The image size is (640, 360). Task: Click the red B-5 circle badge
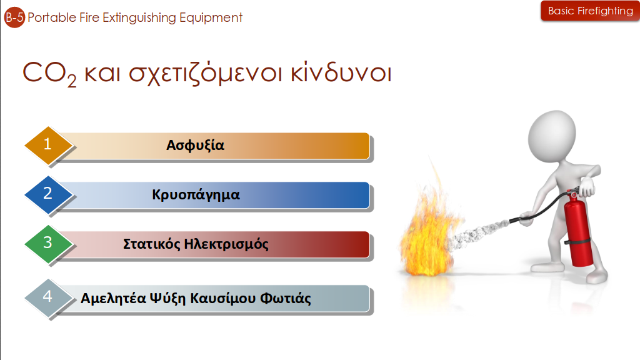pyautogui.click(x=15, y=17)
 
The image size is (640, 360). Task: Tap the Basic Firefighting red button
pyautogui.click(x=590, y=11)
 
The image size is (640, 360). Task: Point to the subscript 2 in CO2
pyautogui.click(x=72, y=81)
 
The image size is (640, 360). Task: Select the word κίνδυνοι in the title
pyautogui.click(x=341, y=72)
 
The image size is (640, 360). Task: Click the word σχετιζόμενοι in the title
pyautogui.click(x=205, y=74)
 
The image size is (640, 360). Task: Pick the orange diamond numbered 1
pyautogui.click(x=49, y=145)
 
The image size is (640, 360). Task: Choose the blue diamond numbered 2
pyautogui.click(x=49, y=195)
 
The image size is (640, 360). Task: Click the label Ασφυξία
pyautogui.click(x=195, y=145)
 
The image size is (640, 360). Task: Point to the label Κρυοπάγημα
pyautogui.click(x=196, y=195)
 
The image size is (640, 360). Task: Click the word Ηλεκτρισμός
pyautogui.click(x=226, y=244)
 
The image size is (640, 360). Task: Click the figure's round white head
pyautogui.click(x=552, y=135)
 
